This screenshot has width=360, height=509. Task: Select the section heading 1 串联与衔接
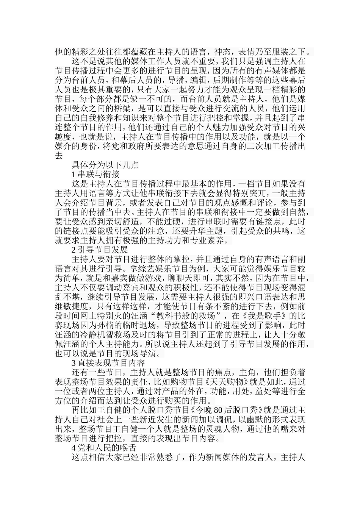pyautogui.click(x=95, y=175)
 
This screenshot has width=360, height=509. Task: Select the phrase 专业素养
pyautogui.click(x=209, y=240)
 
